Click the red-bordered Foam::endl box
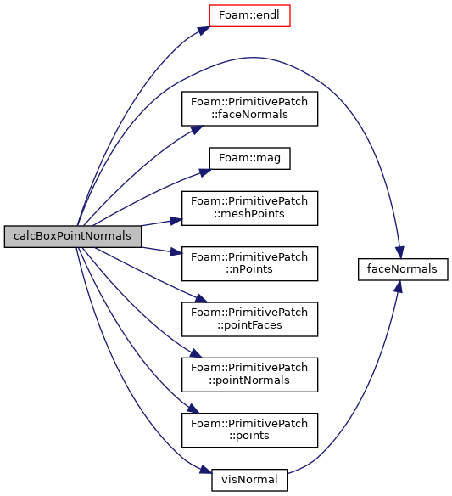point(249,15)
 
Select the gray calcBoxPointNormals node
point(73,236)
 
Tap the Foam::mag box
point(249,158)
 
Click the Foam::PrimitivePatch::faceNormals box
point(249,109)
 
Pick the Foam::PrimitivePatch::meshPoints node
point(249,208)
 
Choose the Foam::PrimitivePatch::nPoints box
point(249,263)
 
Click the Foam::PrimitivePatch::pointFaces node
point(249,318)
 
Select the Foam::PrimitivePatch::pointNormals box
point(249,375)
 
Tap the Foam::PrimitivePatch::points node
point(249,430)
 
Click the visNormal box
point(249,480)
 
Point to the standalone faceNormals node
point(403,269)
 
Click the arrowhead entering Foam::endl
point(204,30)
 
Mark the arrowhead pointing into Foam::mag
point(205,172)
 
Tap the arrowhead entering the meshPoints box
point(176,220)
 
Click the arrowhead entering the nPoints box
point(176,252)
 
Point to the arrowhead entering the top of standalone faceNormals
point(400,252)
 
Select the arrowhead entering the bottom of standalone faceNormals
point(399,286)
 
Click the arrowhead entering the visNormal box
point(205,470)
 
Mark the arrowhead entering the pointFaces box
point(202,298)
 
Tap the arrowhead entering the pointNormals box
point(196,353)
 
